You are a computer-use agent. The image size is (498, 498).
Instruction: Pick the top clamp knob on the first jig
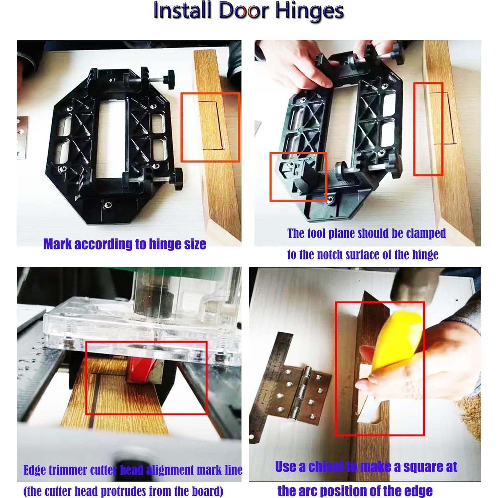pos(168,77)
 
